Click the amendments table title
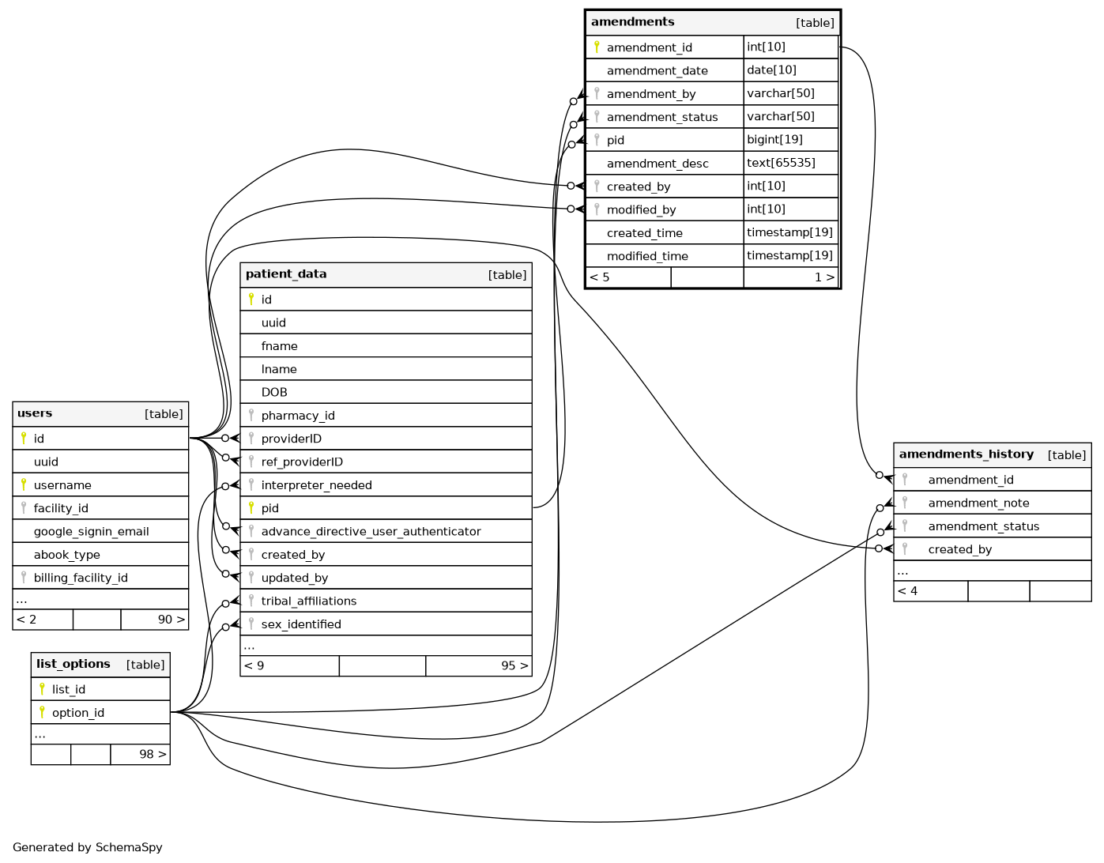(633, 22)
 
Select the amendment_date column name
(657, 71)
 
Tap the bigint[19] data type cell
(774, 140)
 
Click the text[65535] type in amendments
(781, 163)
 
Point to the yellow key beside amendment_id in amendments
(597, 47)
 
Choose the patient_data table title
(286, 274)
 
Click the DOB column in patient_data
(274, 393)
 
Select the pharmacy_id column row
(298, 416)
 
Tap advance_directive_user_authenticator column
(371, 532)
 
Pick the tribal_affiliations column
(308, 601)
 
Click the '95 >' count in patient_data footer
(514, 666)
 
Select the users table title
(35, 413)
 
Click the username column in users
(62, 485)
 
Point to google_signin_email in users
(91, 532)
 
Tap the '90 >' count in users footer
(171, 620)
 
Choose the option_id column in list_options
(77, 713)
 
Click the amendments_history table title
(966, 454)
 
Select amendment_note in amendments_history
(978, 503)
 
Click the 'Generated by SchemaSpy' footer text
(88, 848)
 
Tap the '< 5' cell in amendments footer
(600, 277)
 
